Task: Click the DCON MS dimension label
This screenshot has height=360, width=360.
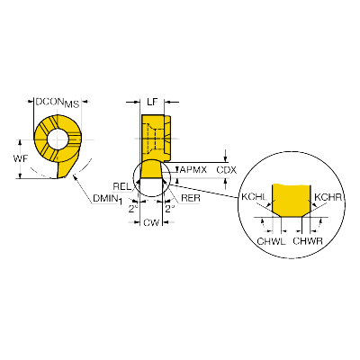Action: click(x=58, y=103)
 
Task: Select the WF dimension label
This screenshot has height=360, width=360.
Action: click(x=20, y=158)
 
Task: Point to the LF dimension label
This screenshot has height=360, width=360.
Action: click(x=152, y=102)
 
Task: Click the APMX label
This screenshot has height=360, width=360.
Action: click(x=193, y=170)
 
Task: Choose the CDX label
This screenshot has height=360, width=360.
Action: click(x=227, y=170)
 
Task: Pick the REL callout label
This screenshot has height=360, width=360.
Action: click(x=122, y=186)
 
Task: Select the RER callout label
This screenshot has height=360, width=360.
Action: click(x=191, y=198)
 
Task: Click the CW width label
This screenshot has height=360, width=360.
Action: click(x=151, y=222)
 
